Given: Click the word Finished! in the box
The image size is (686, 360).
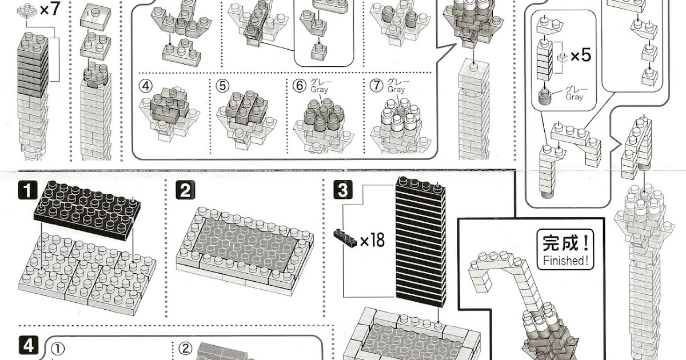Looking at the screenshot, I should (564, 261).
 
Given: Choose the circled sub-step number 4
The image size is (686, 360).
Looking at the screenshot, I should (146, 86).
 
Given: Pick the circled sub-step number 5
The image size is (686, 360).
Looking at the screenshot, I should (222, 86).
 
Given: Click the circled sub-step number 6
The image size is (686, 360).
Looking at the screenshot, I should (298, 86).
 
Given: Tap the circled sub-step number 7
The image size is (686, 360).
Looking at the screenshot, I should (376, 86).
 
